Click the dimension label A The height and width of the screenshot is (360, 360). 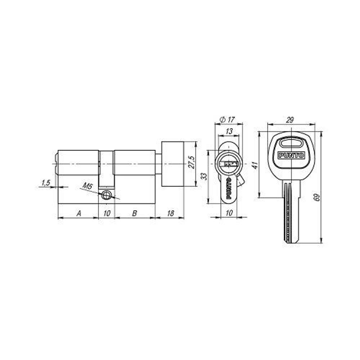point(78,213)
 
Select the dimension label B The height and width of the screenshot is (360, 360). point(135,213)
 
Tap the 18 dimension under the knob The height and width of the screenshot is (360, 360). point(170,213)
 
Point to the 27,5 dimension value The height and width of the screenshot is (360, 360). point(192,162)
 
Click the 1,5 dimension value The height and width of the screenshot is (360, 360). point(46,183)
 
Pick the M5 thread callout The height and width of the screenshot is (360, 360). point(87,186)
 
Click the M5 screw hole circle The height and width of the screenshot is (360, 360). point(106,195)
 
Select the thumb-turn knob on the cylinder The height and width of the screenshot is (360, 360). point(173,164)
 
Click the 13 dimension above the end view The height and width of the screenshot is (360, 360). point(229,132)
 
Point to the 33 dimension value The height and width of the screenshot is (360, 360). point(204,176)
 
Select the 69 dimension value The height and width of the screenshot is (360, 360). point(317,197)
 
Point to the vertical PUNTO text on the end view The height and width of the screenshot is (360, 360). point(229,188)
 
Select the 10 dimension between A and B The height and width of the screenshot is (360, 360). point(107,213)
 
